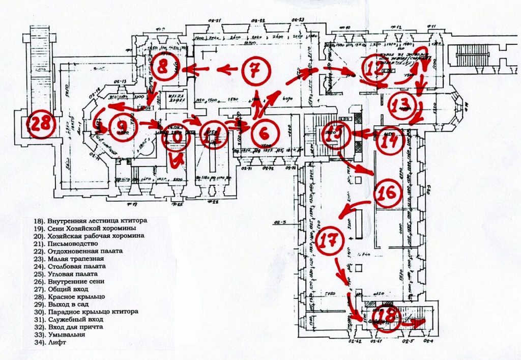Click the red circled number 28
click(39, 124)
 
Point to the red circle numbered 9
click(122, 125)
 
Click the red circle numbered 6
click(264, 133)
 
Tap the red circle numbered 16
click(389, 193)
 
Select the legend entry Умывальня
click(66, 335)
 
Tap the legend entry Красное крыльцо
click(76, 296)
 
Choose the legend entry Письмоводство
click(71, 243)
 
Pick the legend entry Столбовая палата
click(77, 266)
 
